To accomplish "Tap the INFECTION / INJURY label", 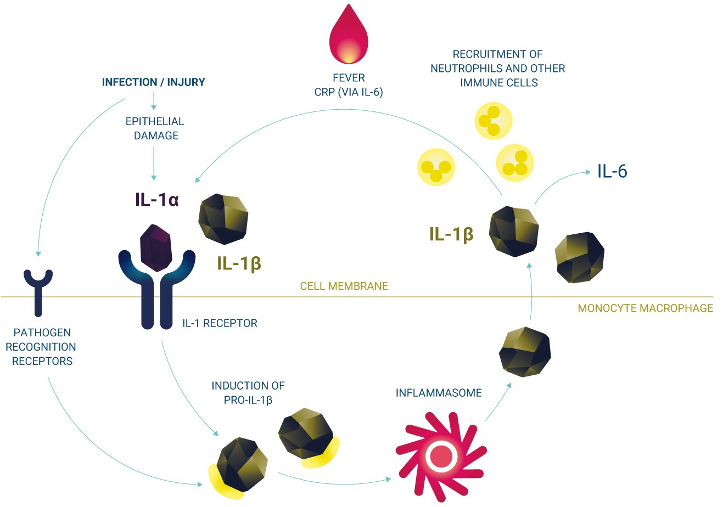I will [154, 82].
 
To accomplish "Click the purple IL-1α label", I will [157, 199].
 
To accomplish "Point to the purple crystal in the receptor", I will [157, 247].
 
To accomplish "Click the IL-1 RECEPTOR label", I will [220, 323].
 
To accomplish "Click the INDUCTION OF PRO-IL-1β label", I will [248, 393].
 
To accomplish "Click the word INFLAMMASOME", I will [439, 393].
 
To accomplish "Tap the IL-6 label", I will [612, 172].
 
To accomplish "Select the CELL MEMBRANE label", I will [344, 286].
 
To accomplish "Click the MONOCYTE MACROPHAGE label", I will [646, 308].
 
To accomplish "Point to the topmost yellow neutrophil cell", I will [493, 120].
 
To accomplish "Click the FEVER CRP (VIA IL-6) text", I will [349, 86].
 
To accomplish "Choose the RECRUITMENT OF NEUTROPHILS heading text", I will [497, 69].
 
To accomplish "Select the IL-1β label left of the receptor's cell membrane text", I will [239, 264].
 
